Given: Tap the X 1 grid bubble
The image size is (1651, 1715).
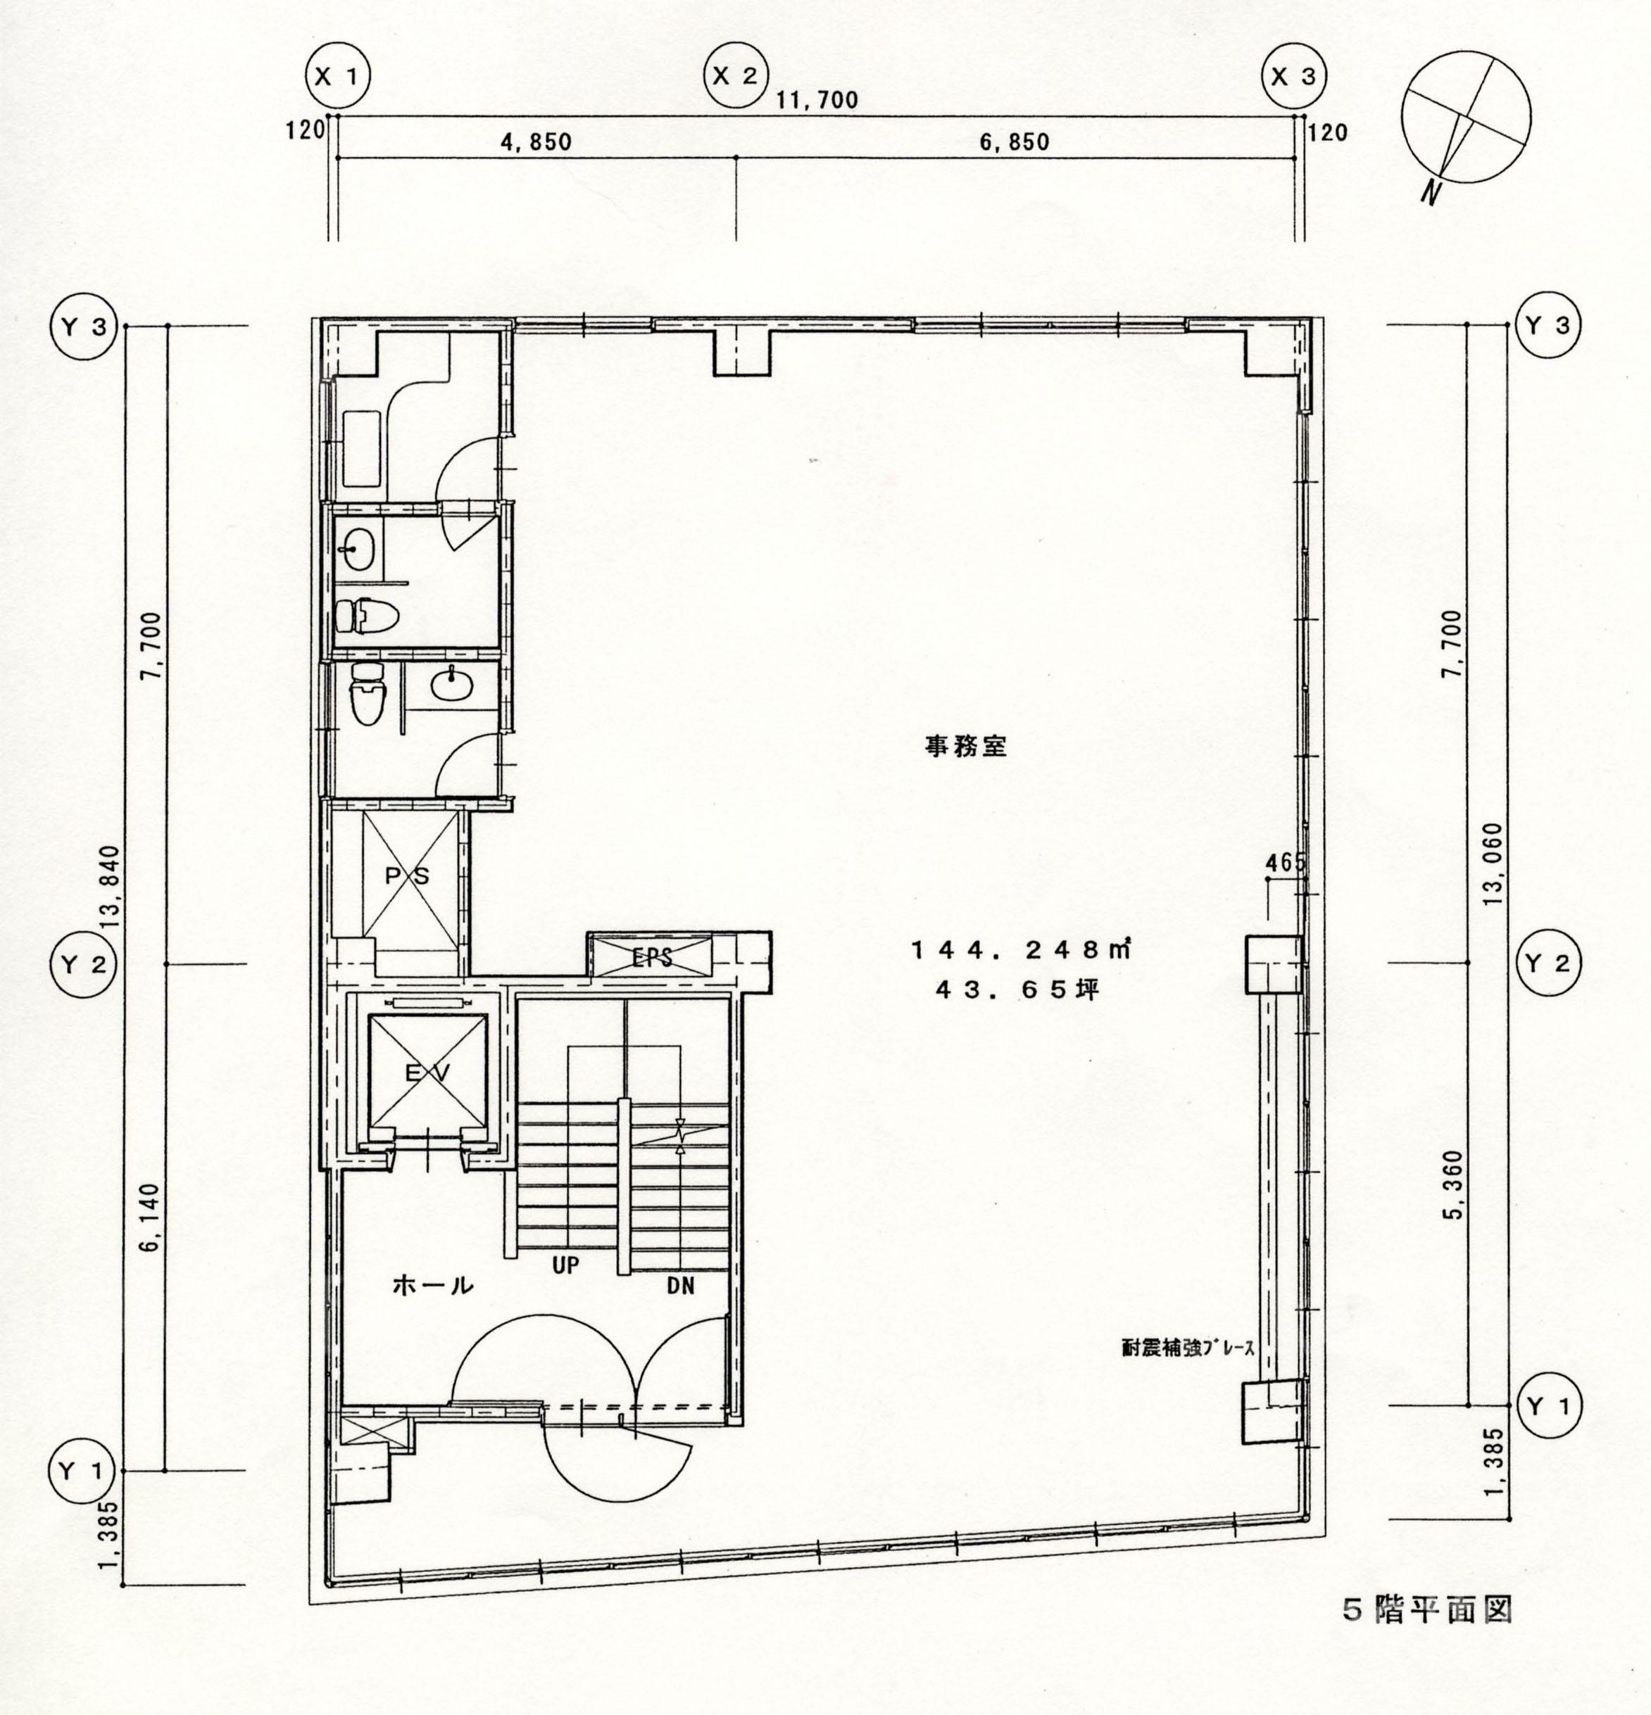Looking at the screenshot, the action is click(x=338, y=76).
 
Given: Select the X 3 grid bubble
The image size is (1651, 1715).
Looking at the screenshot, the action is click(x=1294, y=76).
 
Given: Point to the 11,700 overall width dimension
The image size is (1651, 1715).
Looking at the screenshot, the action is click(x=817, y=101).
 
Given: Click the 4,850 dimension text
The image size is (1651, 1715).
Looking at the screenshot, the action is click(x=535, y=141).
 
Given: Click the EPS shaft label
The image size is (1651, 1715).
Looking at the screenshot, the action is click(x=652, y=957).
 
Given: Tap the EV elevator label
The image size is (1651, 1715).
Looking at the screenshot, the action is click(x=427, y=1072).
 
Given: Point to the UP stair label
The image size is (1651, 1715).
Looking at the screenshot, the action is click(x=565, y=1265).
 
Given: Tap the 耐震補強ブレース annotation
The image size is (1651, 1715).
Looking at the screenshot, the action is click(x=1187, y=1347).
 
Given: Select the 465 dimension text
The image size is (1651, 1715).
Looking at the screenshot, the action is click(x=1285, y=863).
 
